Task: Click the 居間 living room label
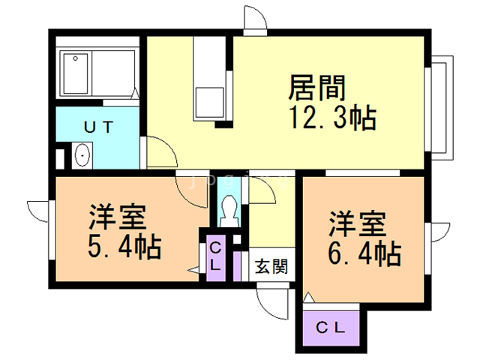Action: pyautogui.click(x=316, y=88)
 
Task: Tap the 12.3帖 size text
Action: pyautogui.click(x=333, y=118)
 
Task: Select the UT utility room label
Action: pyautogui.click(x=98, y=127)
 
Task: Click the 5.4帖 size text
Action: pyautogui.click(x=124, y=247)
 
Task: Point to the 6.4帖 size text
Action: pyautogui.click(x=364, y=253)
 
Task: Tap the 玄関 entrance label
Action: pyautogui.click(x=271, y=266)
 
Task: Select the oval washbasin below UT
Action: pyautogui.click(x=82, y=155)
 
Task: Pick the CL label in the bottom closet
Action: pyautogui.click(x=330, y=328)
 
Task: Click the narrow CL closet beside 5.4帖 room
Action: pyautogui.click(x=216, y=258)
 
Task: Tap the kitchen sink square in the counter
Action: pyautogui.click(x=210, y=102)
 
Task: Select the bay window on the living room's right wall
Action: pyautogui.click(x=439, y=107)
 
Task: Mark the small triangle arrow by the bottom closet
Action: pyautogui.click(x=308, y=298)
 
